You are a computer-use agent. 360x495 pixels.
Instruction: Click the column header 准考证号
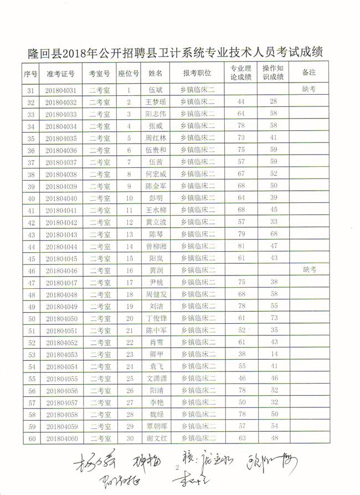[x=61, y=73]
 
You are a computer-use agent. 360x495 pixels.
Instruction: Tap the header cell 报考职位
[x=197, y=73]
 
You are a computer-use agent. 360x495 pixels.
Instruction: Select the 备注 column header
[x=309, y=73]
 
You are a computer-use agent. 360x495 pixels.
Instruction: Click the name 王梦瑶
[x=156, y=102]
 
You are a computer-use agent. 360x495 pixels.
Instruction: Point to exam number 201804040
[x=61, y=198]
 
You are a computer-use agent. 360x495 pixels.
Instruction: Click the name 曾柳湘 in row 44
[x=156, y=246]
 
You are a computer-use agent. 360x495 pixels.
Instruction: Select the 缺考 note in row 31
[x=309, y=89]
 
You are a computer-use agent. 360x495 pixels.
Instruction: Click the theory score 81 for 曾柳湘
[x=241, y=246]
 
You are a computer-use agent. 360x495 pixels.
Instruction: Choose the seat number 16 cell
[x=129, y=271]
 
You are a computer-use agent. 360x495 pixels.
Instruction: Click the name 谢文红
[x=156, y=438]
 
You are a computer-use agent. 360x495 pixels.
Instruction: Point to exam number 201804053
[x=61, y=354]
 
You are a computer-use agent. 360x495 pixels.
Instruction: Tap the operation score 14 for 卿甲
[x=273, y=354]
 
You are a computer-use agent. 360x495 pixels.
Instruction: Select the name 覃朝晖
[x=156, y=426]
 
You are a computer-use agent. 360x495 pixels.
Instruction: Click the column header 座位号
[x=129, y=73]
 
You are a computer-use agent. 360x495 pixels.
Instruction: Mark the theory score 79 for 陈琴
[x=241, y=234]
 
